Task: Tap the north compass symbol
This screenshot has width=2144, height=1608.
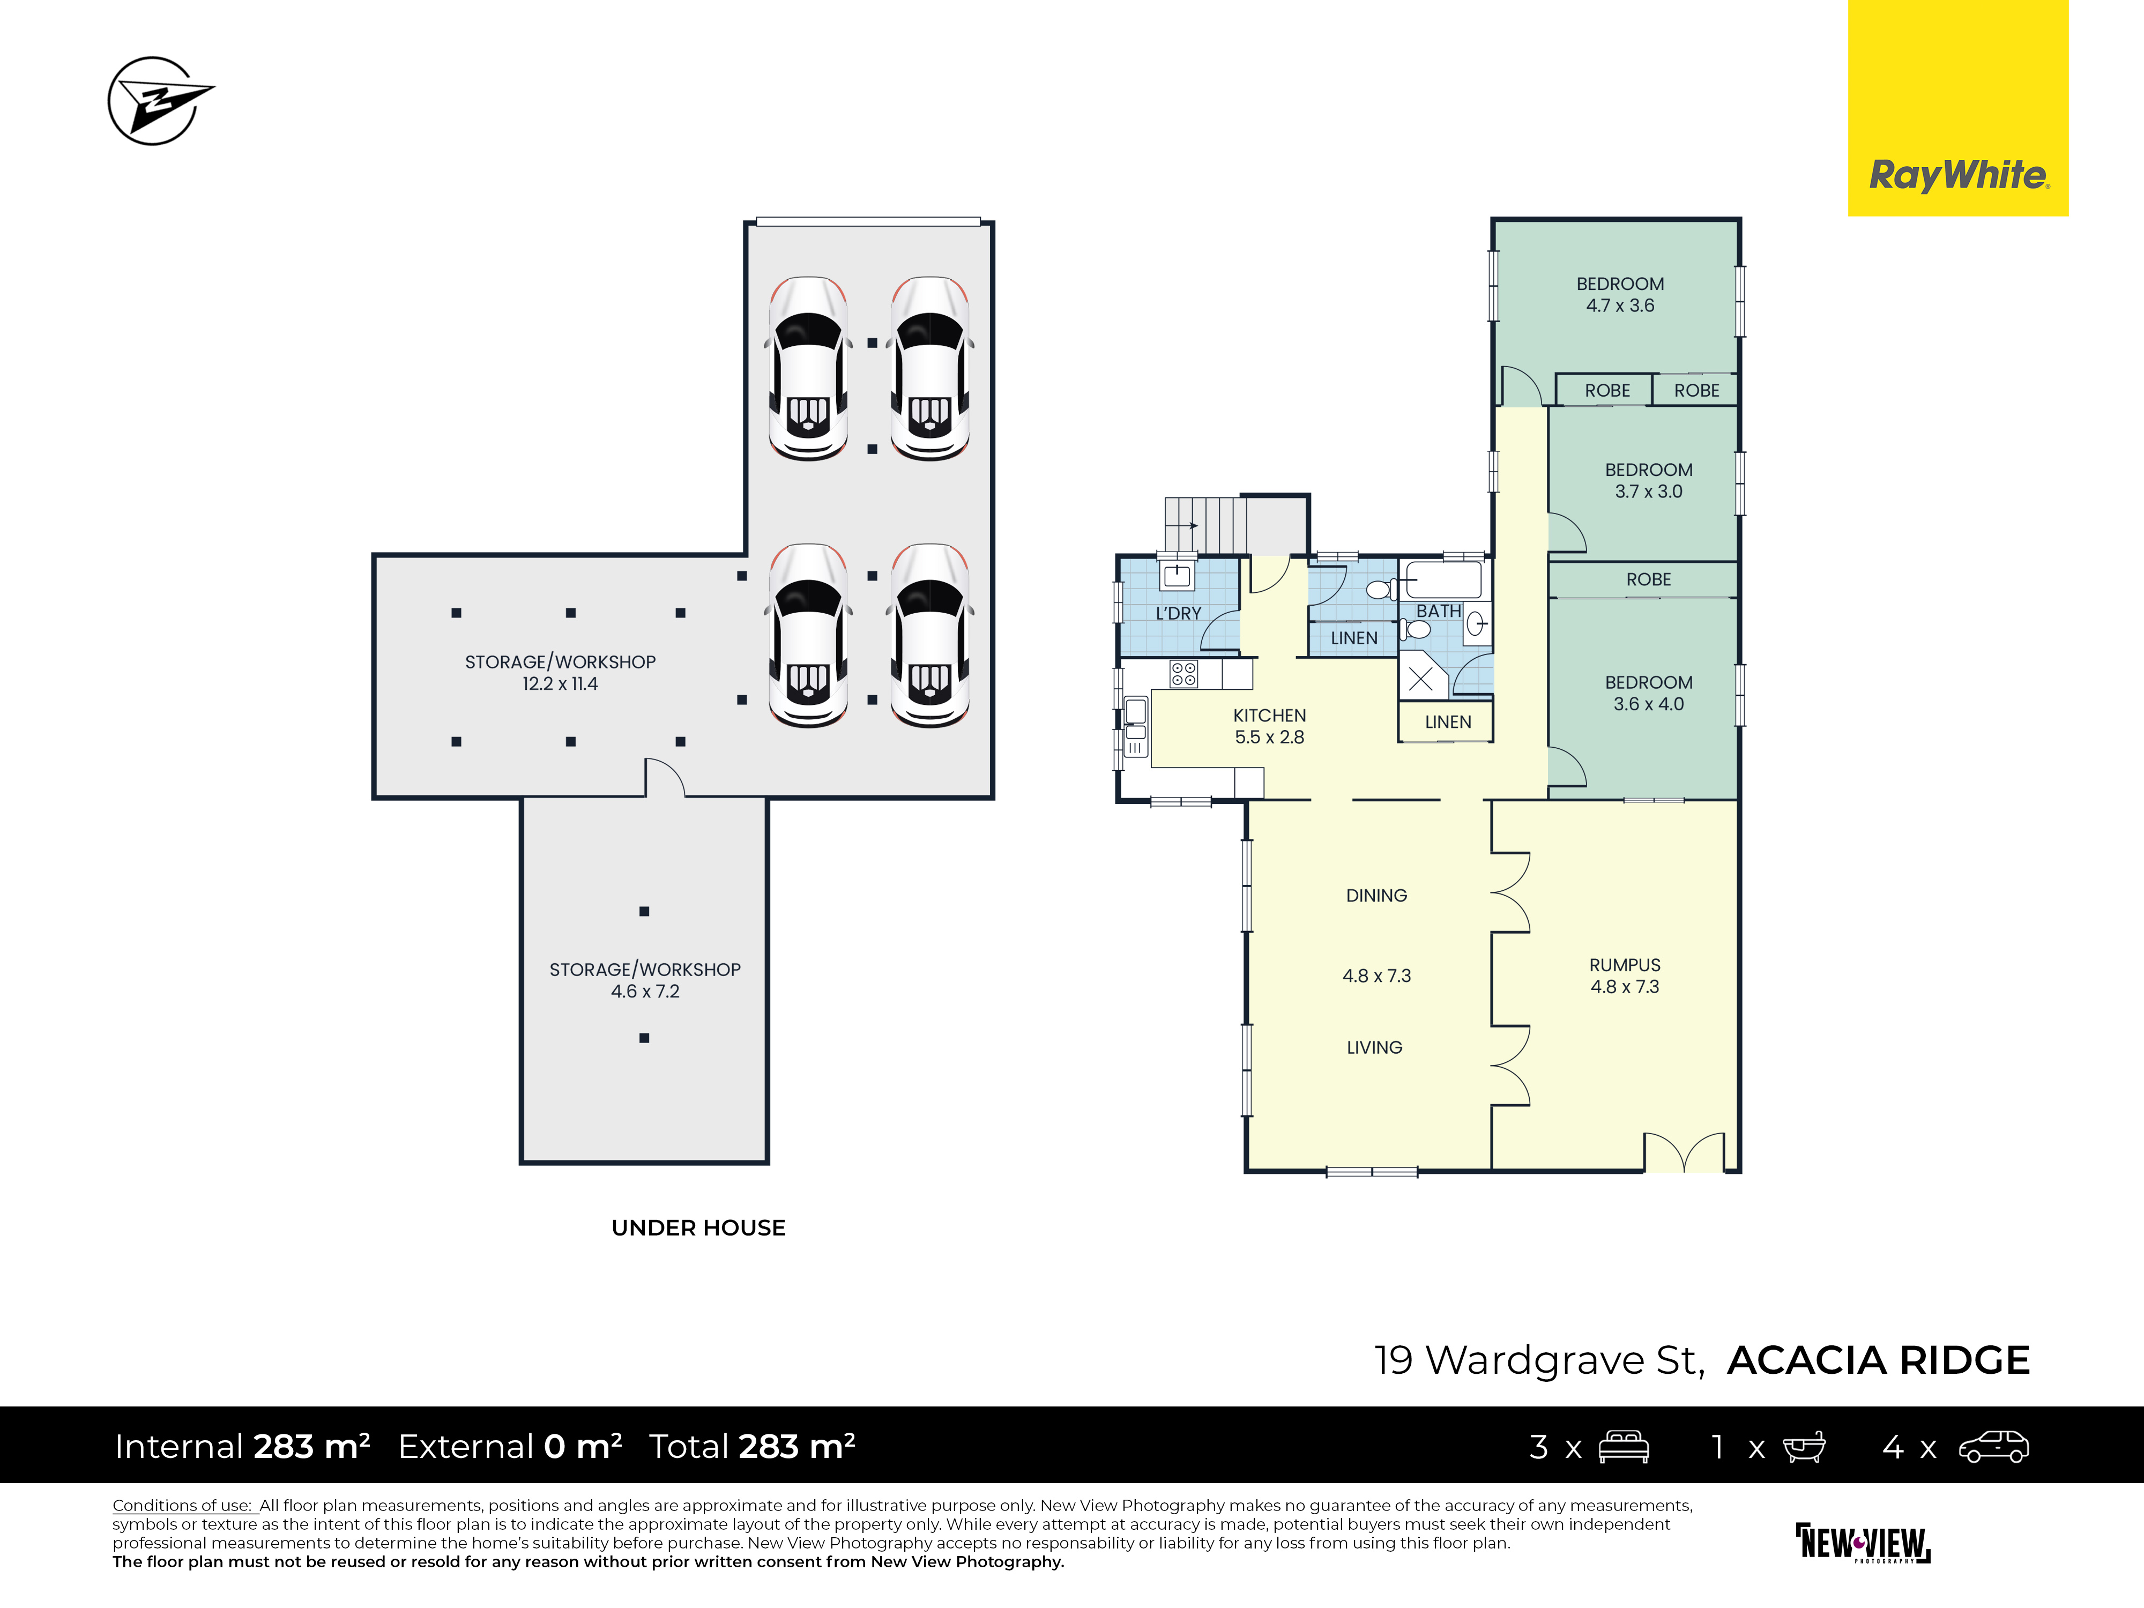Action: coord(160,100)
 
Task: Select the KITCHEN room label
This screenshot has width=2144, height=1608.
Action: coord(1269,716)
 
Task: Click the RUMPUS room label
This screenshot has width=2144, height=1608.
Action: coord(1625,964)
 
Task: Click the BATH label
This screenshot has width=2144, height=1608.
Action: coord(1439,611)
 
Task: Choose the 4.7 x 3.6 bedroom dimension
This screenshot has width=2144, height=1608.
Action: coord(1620,306)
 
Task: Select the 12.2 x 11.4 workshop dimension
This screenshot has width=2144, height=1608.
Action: coord(560,683)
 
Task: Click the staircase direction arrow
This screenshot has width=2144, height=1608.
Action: coord(1181,525)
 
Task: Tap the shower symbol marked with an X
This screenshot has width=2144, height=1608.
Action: coord(1421,679)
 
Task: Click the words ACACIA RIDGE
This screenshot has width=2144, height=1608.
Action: coord(1879,1360)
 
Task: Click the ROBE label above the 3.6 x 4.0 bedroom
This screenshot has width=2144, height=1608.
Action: coord(1649,579)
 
